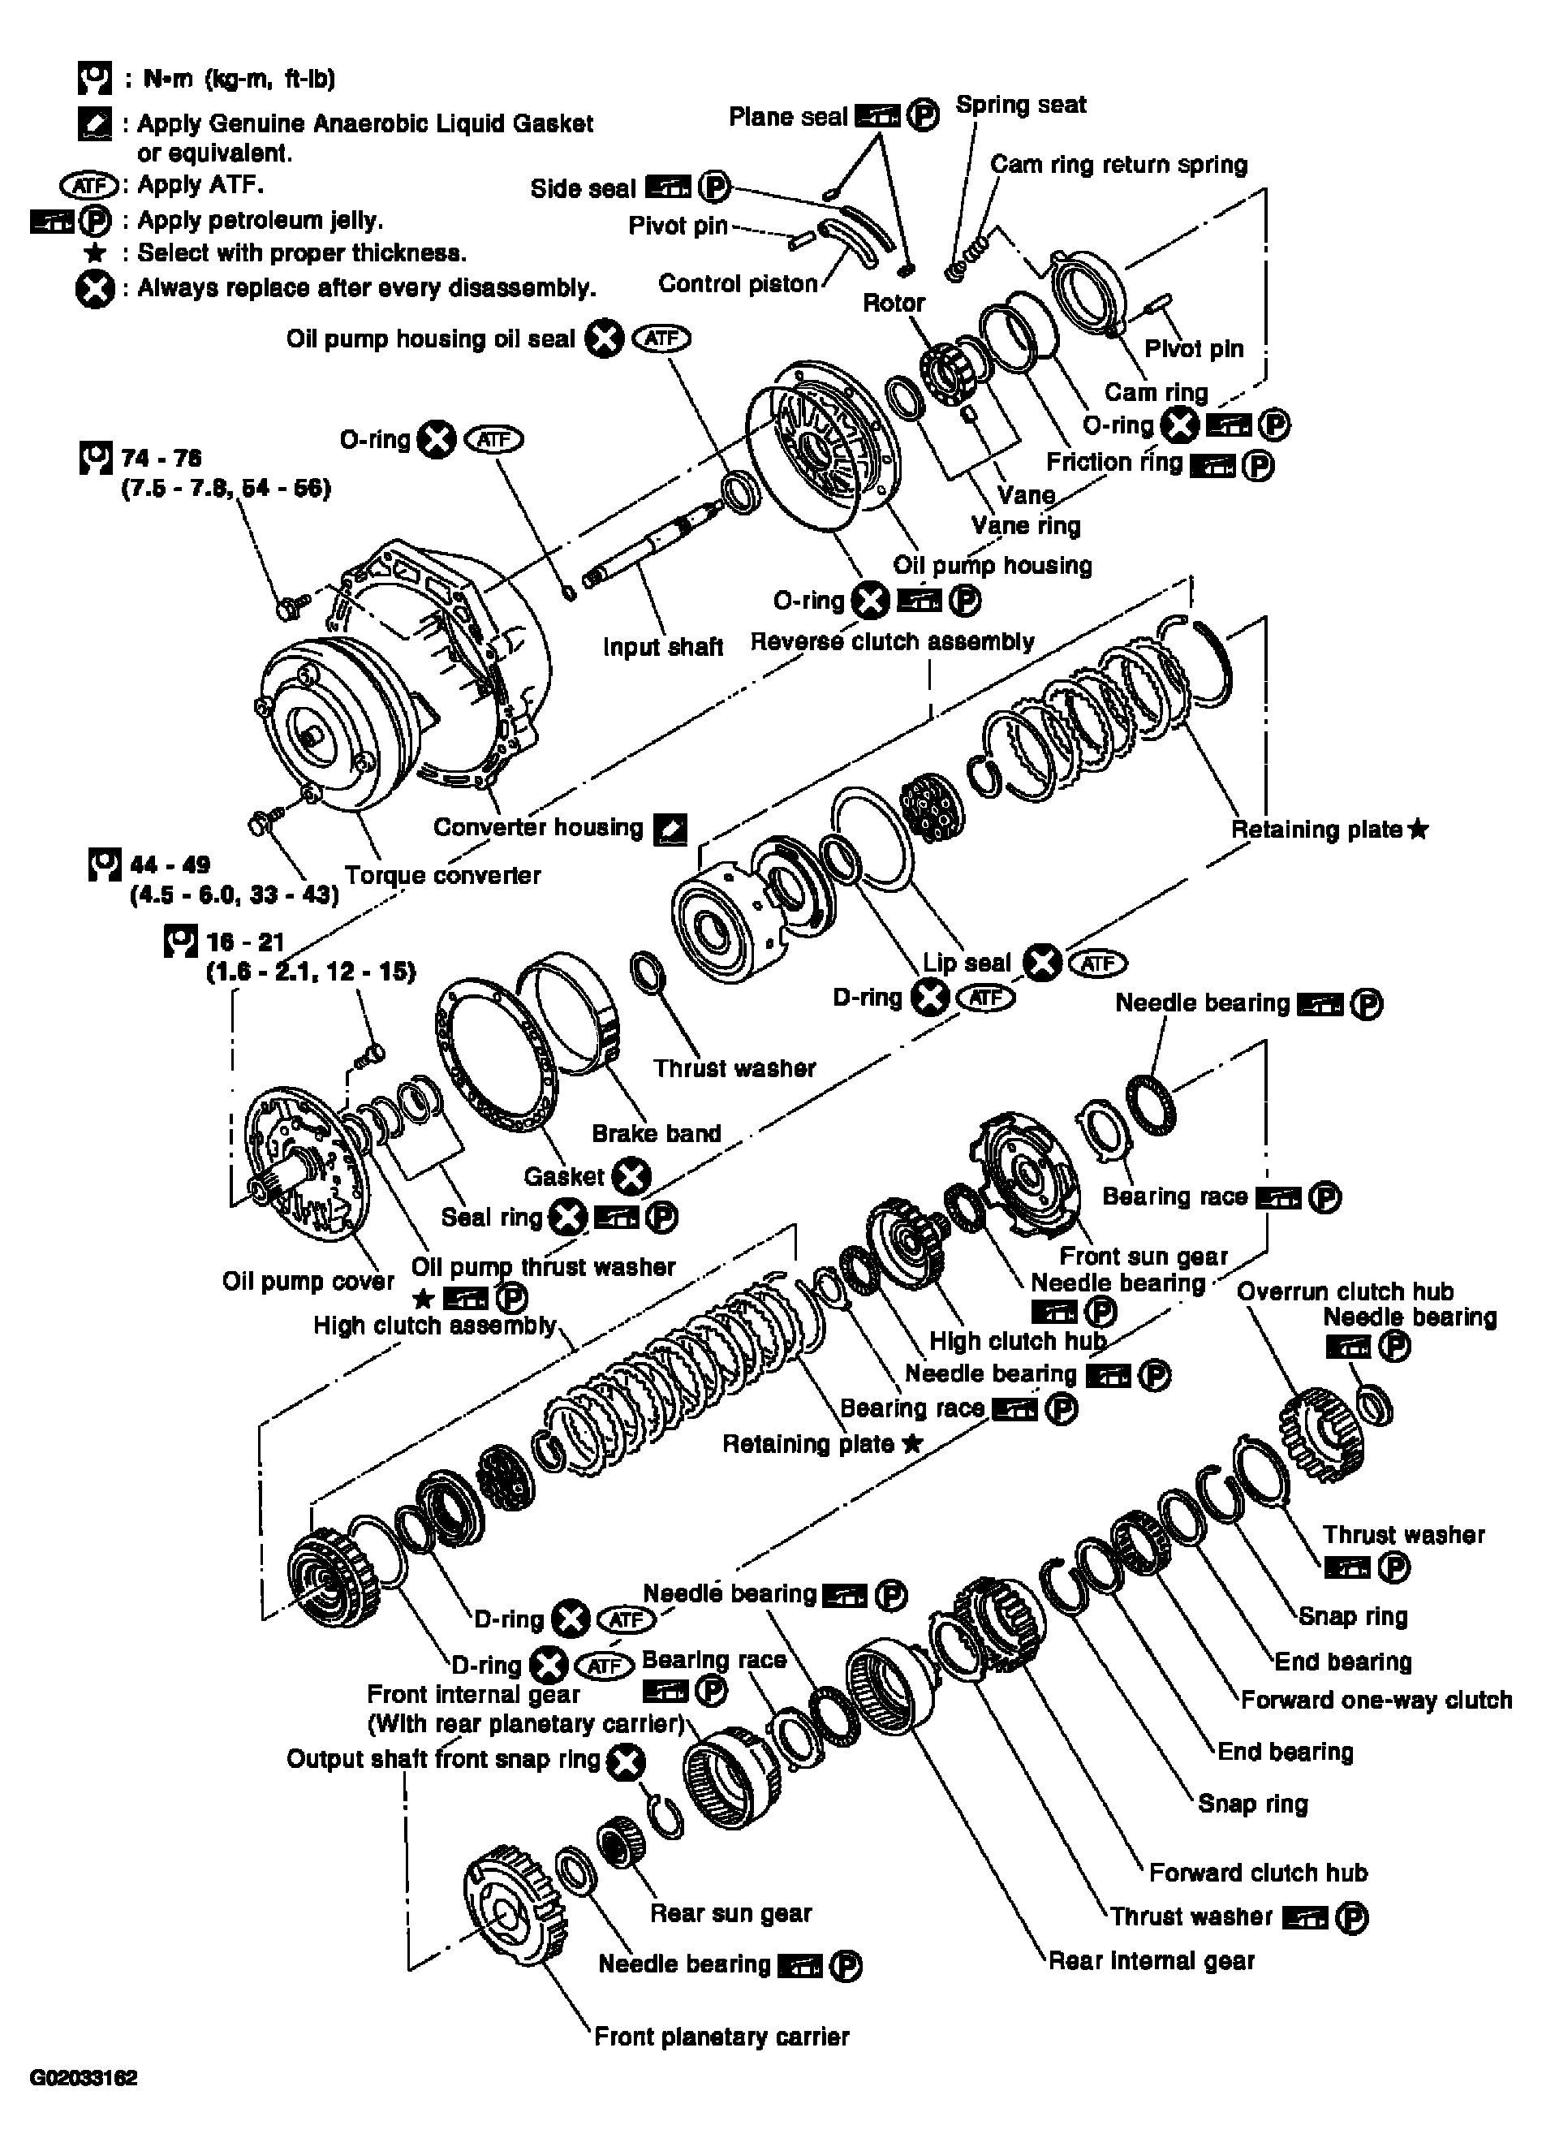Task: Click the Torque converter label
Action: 442,875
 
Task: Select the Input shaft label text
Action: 662,647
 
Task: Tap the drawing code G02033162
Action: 84,2078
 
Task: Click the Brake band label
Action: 656,1133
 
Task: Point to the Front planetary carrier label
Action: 721,2037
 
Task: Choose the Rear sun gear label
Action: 730,1913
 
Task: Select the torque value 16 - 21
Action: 245,942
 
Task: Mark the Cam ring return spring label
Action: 1119,165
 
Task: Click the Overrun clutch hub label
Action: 1344,1291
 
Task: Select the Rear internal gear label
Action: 1151,1960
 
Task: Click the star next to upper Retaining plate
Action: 1418,830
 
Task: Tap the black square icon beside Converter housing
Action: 670,830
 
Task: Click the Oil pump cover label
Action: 308,1281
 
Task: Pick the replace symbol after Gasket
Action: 631,1177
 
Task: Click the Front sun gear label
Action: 1143,1257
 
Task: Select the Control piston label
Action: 738,284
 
